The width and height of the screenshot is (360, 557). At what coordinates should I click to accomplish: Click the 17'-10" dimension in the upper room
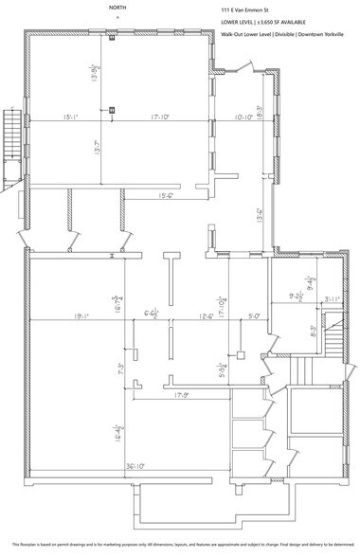158,117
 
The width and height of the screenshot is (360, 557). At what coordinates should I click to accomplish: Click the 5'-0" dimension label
253,317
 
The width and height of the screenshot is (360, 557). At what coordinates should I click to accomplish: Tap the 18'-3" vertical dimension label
260,110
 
